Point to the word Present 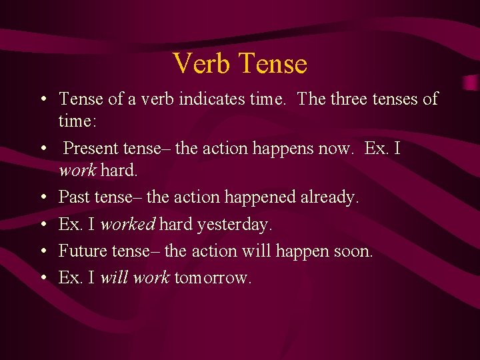tap(93, 148)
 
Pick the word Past tap(73, 197)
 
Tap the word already tap(329, 197)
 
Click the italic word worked tap(127, 225)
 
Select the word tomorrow tap(212, 278)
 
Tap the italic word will tap(114, 278)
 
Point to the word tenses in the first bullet tap(397, 99)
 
